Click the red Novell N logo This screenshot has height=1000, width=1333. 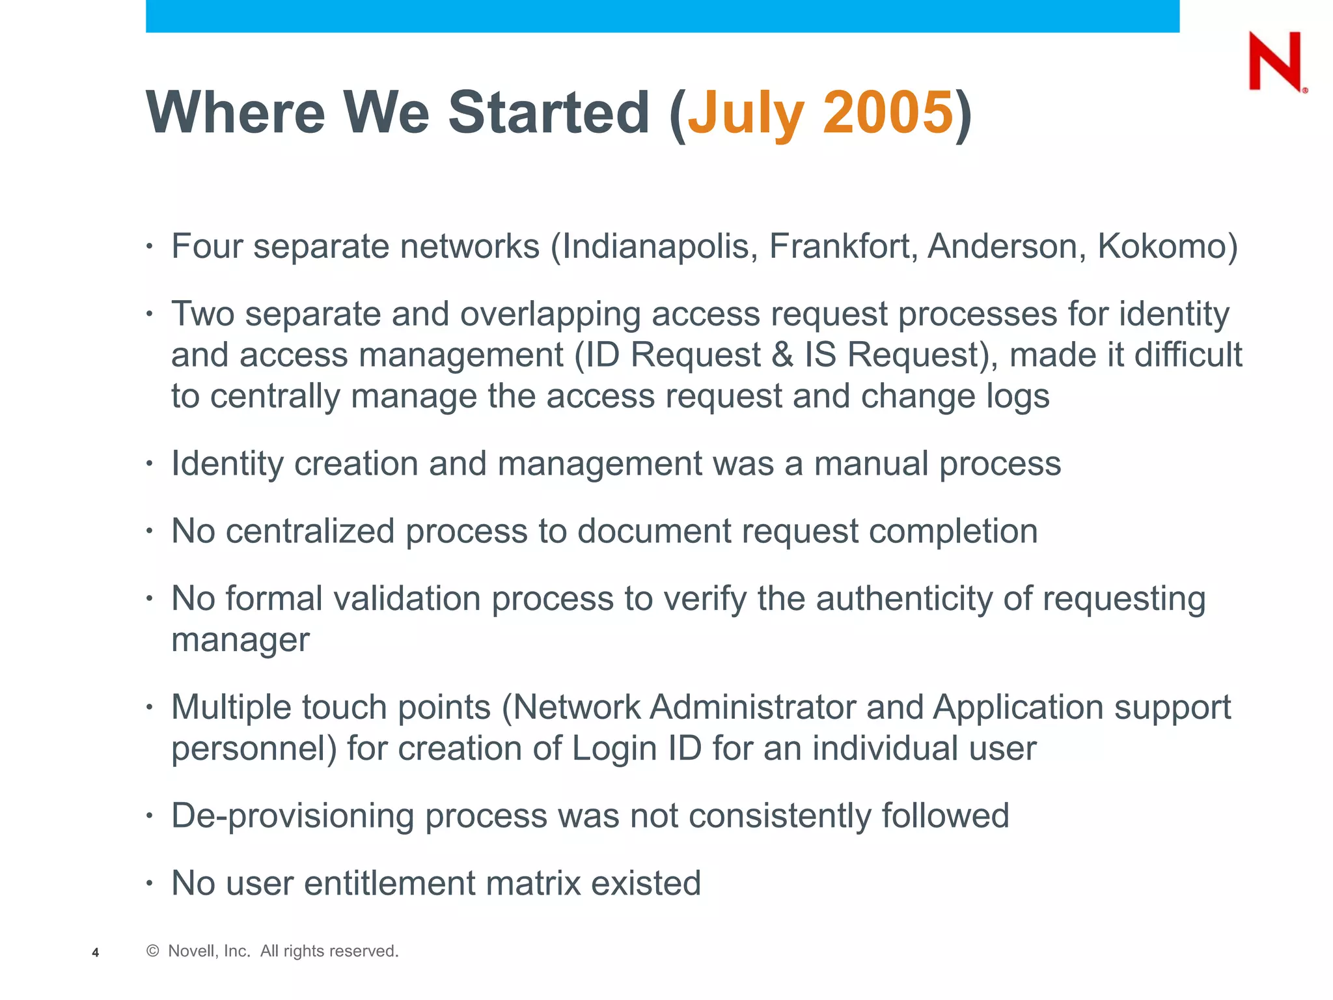pyautogui.click(x=1276, y=62)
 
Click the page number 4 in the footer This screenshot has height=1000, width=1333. pyautogui.click(x=96, y=952)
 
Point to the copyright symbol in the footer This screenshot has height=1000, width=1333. pyautogui.click(x=153, y=951)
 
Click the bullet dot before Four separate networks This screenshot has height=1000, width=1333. pyautogui.click(x=150, y=247)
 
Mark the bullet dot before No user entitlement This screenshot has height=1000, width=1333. pyautogui.click(x=150, y=883)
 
